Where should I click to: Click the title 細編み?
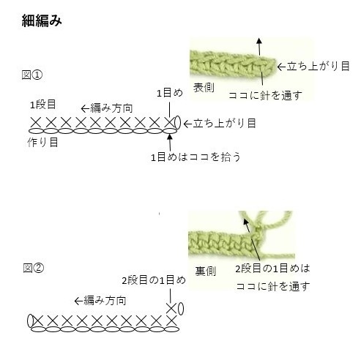[42, 20]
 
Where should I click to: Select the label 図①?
[32, 75]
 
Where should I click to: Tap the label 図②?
[34, 268]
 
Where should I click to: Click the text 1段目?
[43, 105]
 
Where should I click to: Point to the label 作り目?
[42, 142]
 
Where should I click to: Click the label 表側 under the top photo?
[204, 88]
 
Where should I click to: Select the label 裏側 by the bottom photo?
[206, 271]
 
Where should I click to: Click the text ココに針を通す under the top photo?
[265, 95]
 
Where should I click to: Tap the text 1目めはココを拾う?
[196, 157]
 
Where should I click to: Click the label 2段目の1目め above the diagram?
[154, 280]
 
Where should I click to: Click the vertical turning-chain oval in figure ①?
[177, 122]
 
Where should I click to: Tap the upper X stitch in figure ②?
[171, 309]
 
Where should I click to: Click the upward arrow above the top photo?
[259, 47]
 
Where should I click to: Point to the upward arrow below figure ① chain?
[170, 143]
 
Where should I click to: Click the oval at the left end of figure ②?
[31, 321]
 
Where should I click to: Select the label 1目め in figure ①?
[170, 93]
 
